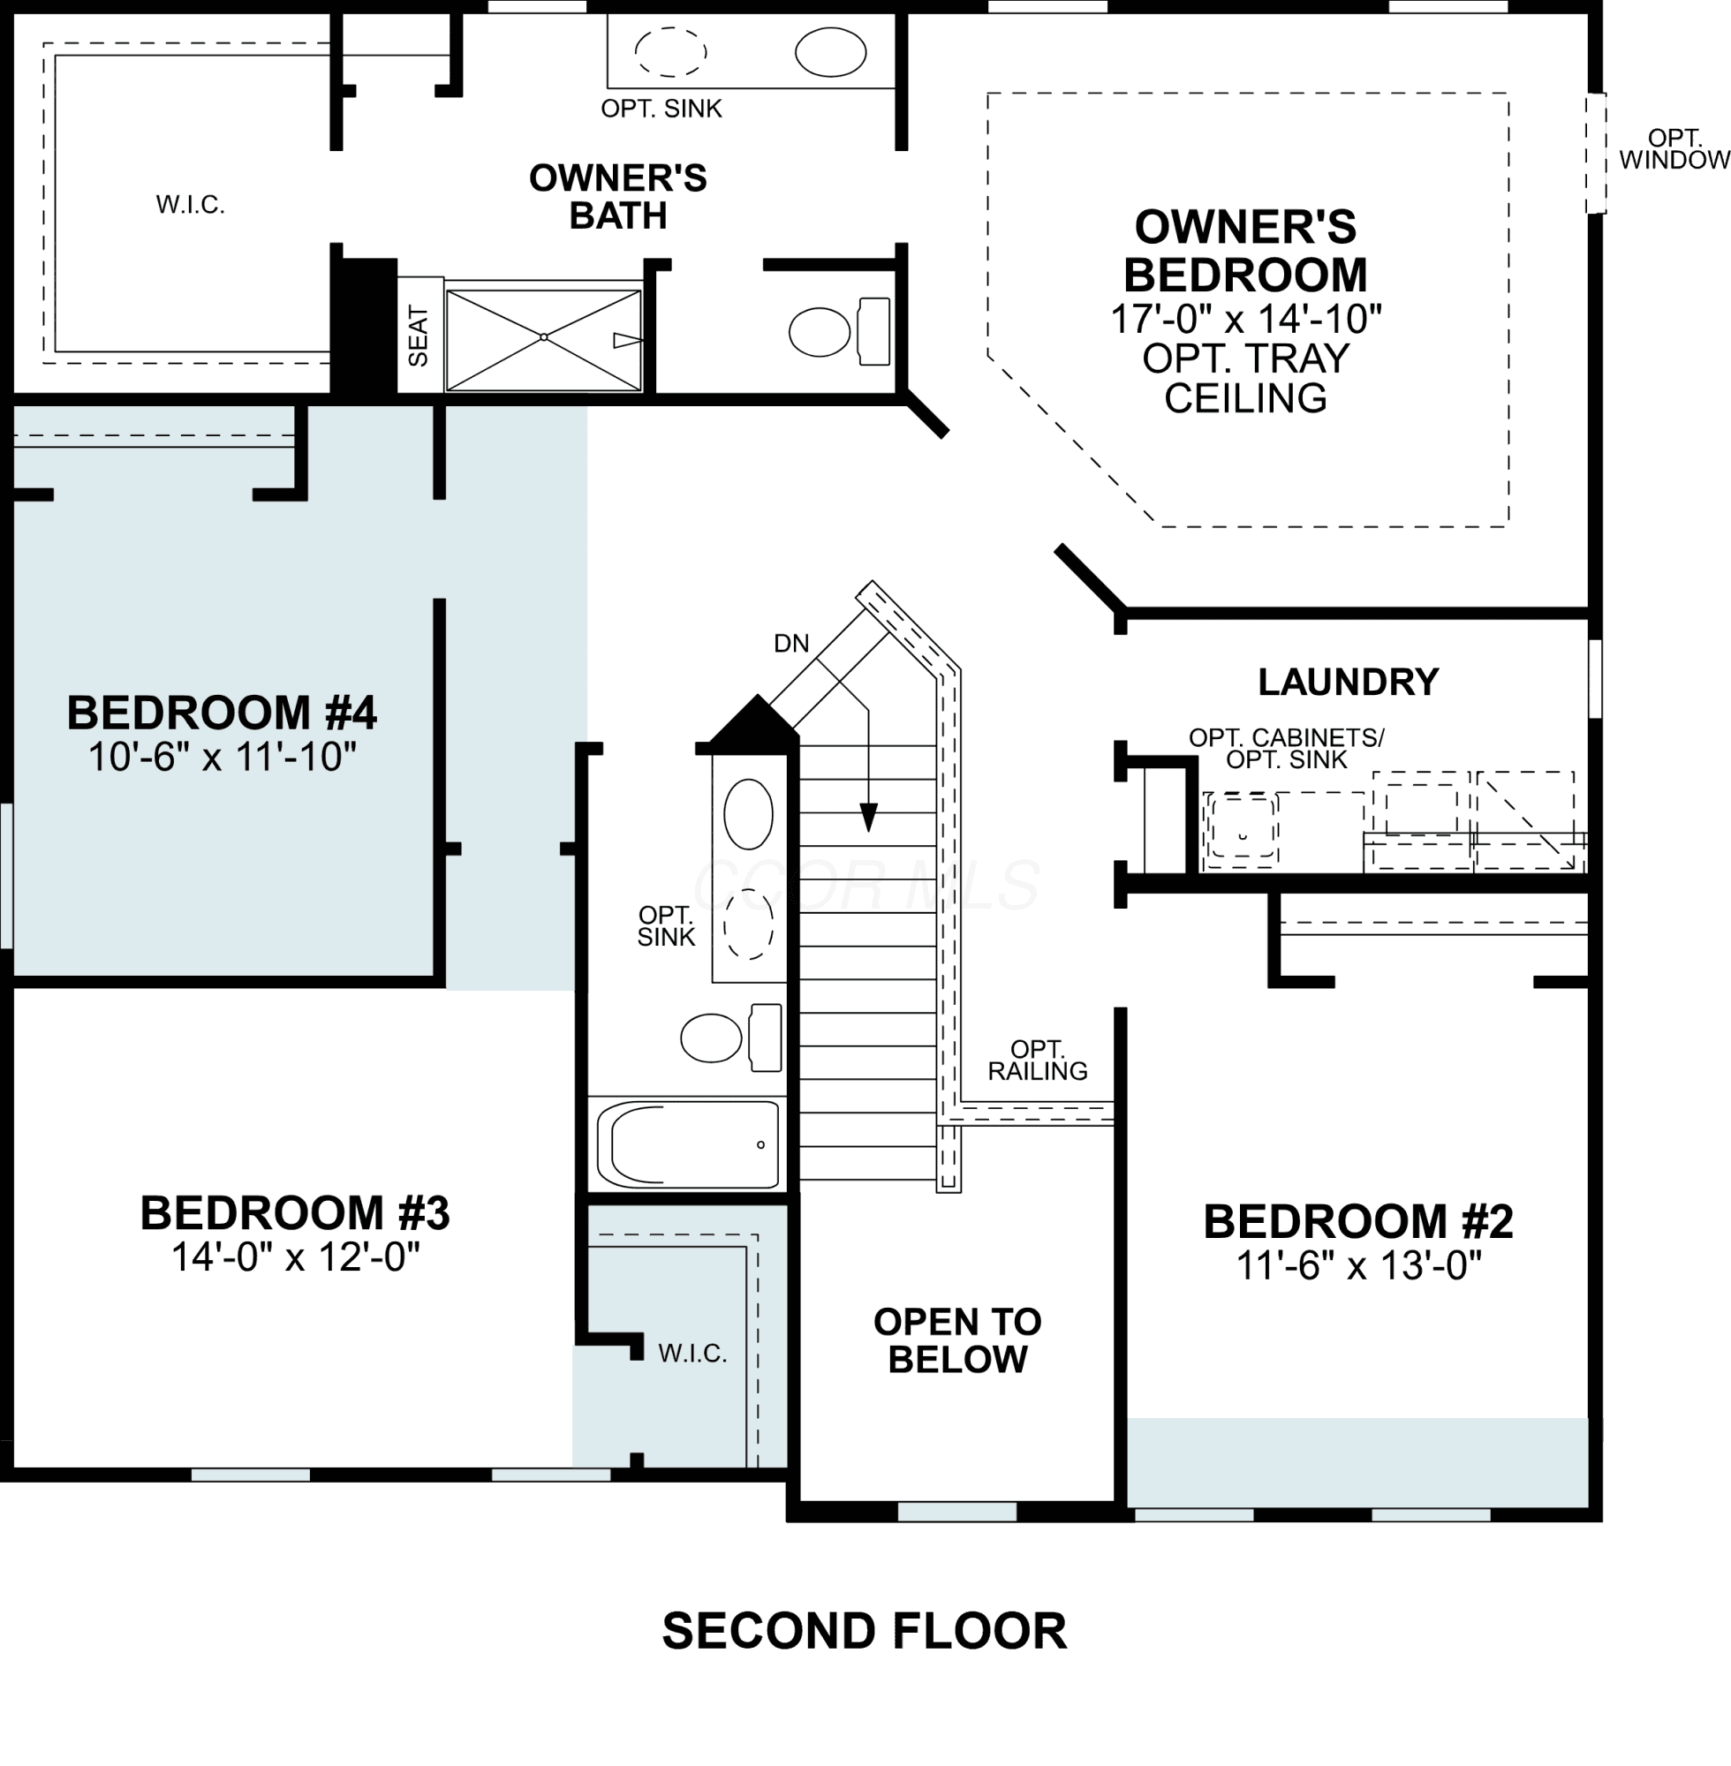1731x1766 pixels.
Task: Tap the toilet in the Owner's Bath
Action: pos(840,332)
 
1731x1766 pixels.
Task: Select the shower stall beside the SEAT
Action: pos(544,340)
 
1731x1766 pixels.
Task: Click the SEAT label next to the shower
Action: pos(419,336)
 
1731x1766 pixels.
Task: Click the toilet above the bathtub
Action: pos(732,1037)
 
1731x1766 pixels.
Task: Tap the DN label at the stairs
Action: pos(791,644)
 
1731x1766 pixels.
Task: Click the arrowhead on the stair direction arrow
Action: pos(869,817)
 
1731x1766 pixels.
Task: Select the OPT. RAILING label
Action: pos(1038,1060)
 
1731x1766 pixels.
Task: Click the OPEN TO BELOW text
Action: pos(957,1340)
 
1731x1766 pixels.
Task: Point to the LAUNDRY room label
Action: pos(1349,682)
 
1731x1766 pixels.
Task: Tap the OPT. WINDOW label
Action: pos(1674,149)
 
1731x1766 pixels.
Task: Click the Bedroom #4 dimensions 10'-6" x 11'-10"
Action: pos(222,756)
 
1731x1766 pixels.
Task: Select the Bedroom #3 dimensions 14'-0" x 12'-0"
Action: pos(296,1257)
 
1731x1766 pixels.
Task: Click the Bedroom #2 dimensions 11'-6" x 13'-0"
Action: pos(1358,1265)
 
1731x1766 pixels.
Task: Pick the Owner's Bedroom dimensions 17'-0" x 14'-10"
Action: pos(1245,319)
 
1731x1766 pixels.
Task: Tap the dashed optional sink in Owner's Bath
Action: pos(671,52)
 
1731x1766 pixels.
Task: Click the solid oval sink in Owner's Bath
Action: pos(831,52)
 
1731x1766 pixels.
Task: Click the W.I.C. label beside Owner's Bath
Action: pos(190,205)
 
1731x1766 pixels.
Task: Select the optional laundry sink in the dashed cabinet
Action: pos(1242,829)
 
